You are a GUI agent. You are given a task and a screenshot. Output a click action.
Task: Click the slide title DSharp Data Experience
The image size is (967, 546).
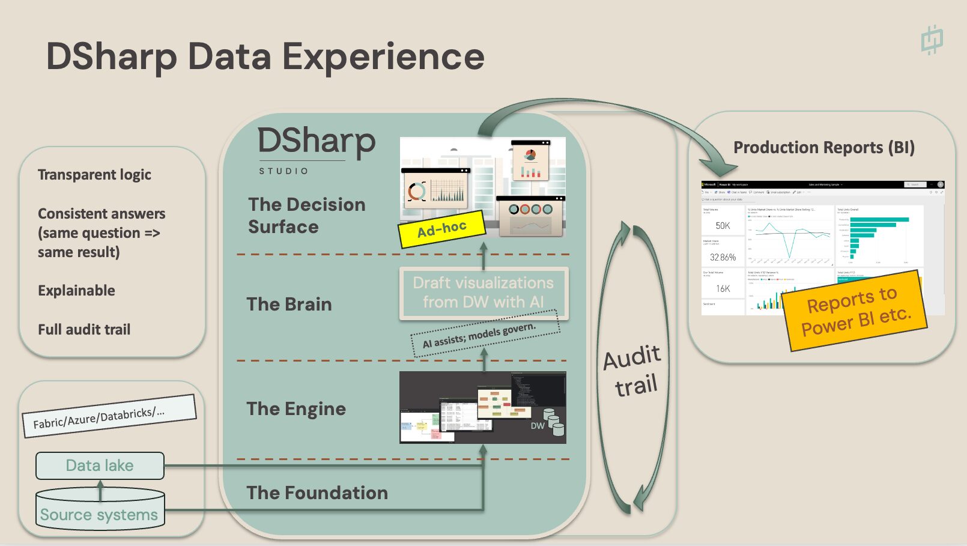point(265,57)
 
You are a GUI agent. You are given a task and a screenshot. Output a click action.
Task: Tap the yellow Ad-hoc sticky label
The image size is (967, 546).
point(442,229)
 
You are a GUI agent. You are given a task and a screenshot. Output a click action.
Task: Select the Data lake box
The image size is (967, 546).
point(100,466)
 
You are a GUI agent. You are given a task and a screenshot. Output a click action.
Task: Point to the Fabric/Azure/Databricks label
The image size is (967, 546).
point(109,416)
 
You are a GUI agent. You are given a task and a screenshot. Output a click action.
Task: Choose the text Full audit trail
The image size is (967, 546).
point(84,329)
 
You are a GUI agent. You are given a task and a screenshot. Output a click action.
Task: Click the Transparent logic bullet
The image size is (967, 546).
point(94,175)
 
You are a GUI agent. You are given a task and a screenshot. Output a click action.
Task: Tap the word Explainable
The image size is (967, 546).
point(76,291)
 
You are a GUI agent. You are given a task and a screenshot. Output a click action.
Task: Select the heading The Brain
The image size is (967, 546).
point(289,304)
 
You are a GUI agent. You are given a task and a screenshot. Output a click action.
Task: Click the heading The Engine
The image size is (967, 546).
point(296,409)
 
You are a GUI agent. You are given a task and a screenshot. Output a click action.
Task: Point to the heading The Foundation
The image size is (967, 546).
point(317,493)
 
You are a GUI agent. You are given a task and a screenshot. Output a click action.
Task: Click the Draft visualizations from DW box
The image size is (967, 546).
point(483,293)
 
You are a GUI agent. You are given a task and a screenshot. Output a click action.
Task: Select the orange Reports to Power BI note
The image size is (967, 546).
point(855,311)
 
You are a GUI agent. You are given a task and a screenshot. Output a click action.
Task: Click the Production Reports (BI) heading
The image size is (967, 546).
point(824,148)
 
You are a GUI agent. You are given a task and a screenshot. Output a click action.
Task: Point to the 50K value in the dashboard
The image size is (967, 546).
point(723,226)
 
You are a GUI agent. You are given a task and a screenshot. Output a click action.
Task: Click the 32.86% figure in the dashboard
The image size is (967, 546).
point(723,257)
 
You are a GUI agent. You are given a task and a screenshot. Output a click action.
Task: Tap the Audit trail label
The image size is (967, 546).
point(632,371)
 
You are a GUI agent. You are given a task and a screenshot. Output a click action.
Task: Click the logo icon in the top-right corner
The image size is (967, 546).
point(932,40)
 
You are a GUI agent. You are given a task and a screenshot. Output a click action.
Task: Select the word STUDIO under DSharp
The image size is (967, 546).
point(283,171)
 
